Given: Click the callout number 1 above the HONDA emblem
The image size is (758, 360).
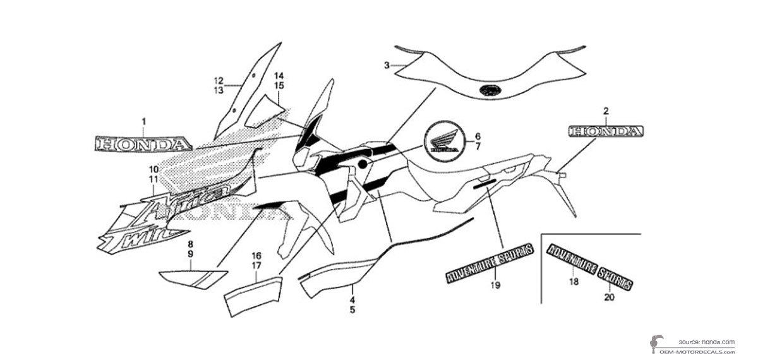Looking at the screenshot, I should click(143, 120).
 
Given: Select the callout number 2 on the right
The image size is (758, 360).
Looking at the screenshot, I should click(606, 111).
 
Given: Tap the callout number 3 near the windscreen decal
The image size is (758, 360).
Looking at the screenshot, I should click(386, 64).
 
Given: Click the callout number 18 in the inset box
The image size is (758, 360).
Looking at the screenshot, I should click(574, 282).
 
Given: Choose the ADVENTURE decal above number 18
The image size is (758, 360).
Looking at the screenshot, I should click(572, 260).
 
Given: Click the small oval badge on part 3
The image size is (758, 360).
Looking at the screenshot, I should click(489, 90).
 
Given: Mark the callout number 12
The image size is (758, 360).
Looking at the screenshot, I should click(219, 81).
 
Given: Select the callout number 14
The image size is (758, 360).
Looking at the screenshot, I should click(279, 76).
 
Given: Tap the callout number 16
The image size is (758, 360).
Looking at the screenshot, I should click(256, 256).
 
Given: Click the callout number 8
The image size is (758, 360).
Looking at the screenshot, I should click(189, 243).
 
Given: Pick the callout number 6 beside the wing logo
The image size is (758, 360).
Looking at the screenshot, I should click(478, 136).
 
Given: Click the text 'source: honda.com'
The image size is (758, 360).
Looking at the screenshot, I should click(707, 341).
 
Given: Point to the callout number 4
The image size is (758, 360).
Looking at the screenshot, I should click(352, 301).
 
